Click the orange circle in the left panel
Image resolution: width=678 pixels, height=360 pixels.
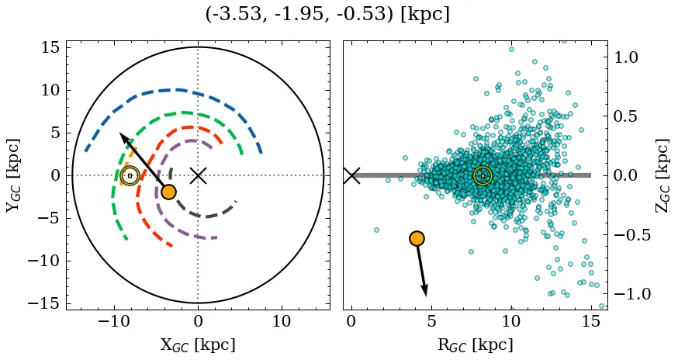click(168, 192)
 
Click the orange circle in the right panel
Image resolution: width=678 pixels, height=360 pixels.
click(417, 238)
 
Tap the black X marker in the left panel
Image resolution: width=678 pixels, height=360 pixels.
click(198, 175)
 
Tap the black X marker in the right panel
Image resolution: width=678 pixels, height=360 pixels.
click(351, 175)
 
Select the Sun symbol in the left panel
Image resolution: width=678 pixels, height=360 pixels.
click(130, 176)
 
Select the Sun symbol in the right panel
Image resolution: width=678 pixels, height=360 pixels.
click(483, 176)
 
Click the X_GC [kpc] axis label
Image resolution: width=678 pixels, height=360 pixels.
click(198, 344)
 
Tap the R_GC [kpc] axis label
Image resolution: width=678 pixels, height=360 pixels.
click(476, 344)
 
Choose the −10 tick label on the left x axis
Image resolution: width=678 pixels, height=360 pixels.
click(115, 321)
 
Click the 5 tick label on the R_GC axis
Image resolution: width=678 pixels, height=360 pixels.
click(431, 321)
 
